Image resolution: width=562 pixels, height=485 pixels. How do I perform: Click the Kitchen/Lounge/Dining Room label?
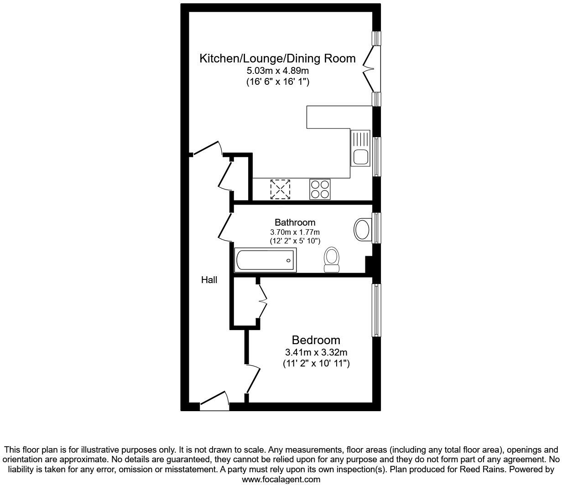point(277,58)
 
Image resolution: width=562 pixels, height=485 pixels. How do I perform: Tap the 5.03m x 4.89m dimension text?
point(277,71)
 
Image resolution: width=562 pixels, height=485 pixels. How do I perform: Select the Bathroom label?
point(295,222)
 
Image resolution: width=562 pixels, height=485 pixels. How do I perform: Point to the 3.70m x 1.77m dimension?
point(295,232)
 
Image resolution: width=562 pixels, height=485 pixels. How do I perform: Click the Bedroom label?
point(316,340)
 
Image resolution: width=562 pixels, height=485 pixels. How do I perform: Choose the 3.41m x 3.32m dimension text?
point(316,352)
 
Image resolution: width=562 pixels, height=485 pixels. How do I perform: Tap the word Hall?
point(209,280)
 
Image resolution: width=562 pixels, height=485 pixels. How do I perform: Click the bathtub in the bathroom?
point(265,260)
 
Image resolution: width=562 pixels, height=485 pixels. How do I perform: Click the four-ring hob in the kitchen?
point(320,189)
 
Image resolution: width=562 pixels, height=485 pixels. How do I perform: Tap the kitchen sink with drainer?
point(360,148)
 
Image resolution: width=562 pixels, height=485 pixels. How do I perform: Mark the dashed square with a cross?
point(280,189)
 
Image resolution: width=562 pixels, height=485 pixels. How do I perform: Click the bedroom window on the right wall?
point(376,310)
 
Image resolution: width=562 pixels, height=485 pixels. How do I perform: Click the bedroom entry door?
point(253,378)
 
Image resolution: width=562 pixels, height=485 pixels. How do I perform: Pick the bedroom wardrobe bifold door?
point(262,301)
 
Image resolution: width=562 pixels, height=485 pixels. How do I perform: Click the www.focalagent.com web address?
point(281,479)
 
